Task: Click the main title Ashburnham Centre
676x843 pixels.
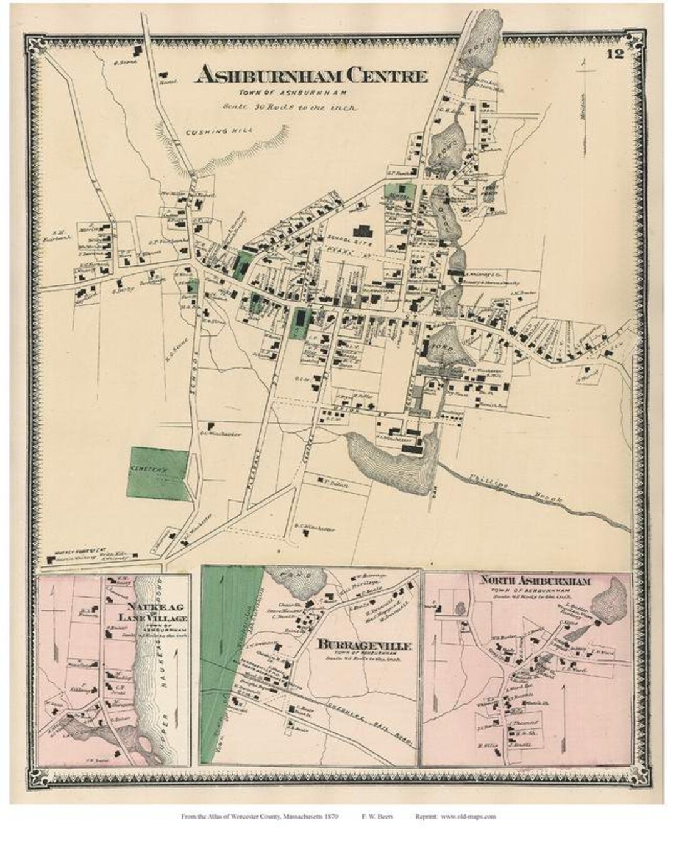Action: (311, 76)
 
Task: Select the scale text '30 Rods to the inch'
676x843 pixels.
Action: (290, 108)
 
